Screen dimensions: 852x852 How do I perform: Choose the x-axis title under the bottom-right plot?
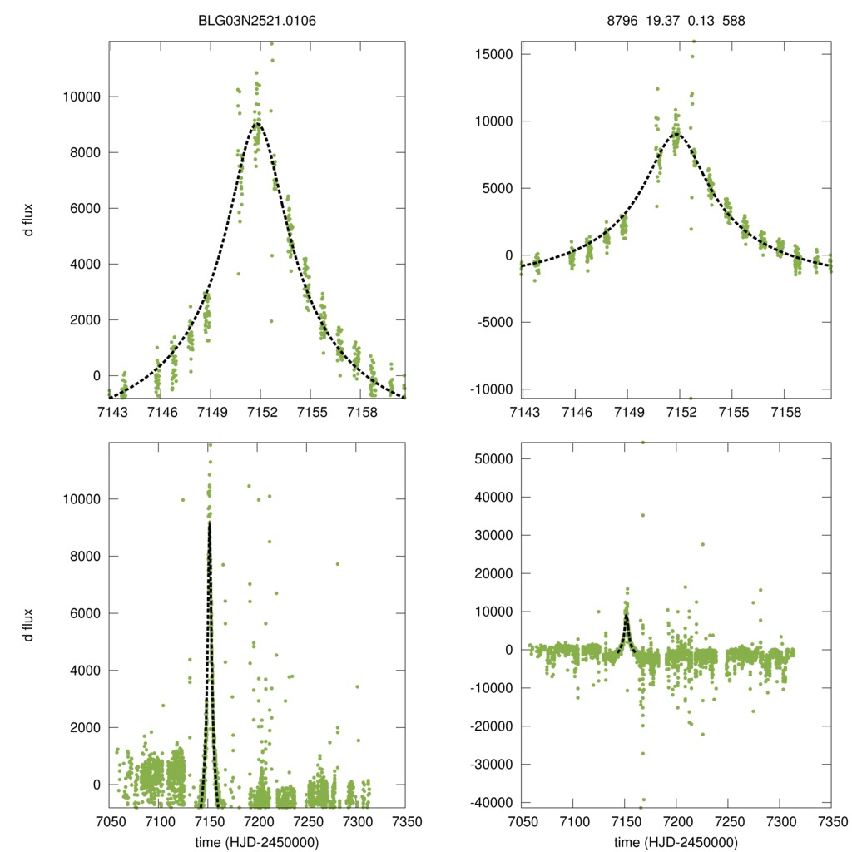point(676,842)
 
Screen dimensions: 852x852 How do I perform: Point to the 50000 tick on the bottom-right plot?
point(490,458)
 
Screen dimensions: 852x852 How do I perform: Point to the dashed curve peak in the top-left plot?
point(259,124)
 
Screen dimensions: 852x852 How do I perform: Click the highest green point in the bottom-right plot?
point(642,443)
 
